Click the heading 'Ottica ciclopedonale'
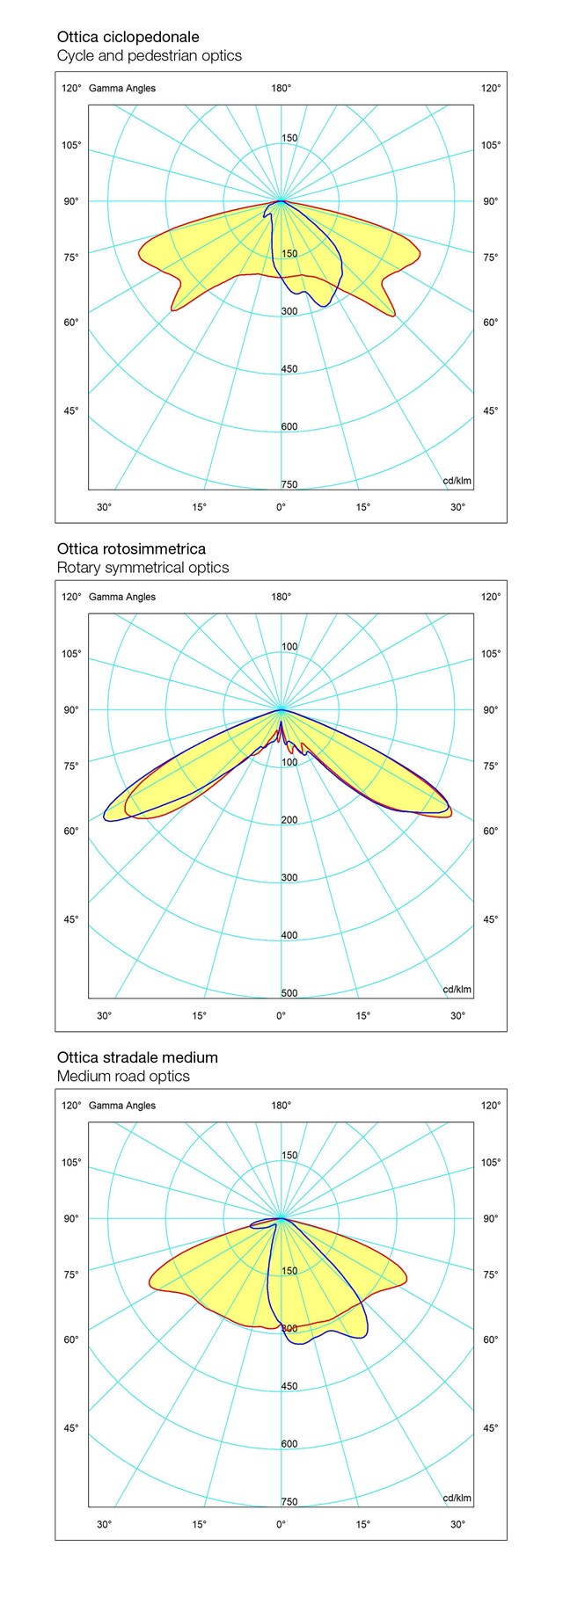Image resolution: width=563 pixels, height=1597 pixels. click(x=128, y=37)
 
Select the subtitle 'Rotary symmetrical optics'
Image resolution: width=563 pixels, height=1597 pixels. click(x=143, y=568)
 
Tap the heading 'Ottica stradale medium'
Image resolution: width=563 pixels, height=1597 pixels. click(x=137, y=1057)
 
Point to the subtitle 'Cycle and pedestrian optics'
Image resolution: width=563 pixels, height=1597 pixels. click(x=149, y=55)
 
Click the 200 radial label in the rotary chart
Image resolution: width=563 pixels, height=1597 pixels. click(x=289, y=820)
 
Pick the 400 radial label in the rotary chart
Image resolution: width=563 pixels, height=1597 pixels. click(x=289, y=935)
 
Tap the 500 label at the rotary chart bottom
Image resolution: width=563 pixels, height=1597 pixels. click(x=289, y=993)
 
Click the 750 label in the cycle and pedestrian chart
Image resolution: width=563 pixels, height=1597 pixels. click(x=289, y=484)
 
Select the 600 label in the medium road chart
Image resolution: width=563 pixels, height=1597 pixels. click(x=289, y=1444)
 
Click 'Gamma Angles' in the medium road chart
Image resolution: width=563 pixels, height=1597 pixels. click(x=122, y=1106)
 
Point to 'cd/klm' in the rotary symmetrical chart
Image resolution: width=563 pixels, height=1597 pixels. click(x=457, y=990)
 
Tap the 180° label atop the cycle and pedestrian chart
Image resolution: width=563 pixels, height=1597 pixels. click(x=281, y=88)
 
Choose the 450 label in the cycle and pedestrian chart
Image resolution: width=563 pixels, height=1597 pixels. click(x=289, y=369)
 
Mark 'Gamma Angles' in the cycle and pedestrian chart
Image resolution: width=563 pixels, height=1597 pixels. click(x=122, y=88)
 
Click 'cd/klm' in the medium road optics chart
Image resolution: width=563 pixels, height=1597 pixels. click(x=457, y=1499)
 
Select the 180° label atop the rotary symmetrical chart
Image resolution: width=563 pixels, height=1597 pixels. click(x=281, y=597)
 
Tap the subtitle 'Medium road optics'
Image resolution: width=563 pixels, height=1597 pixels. click(x=123, y=1077)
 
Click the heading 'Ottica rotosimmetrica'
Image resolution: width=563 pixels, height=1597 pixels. click(x=131, y=549)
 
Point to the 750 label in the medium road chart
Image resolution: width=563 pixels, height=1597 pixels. click(x=289, y=1502)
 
